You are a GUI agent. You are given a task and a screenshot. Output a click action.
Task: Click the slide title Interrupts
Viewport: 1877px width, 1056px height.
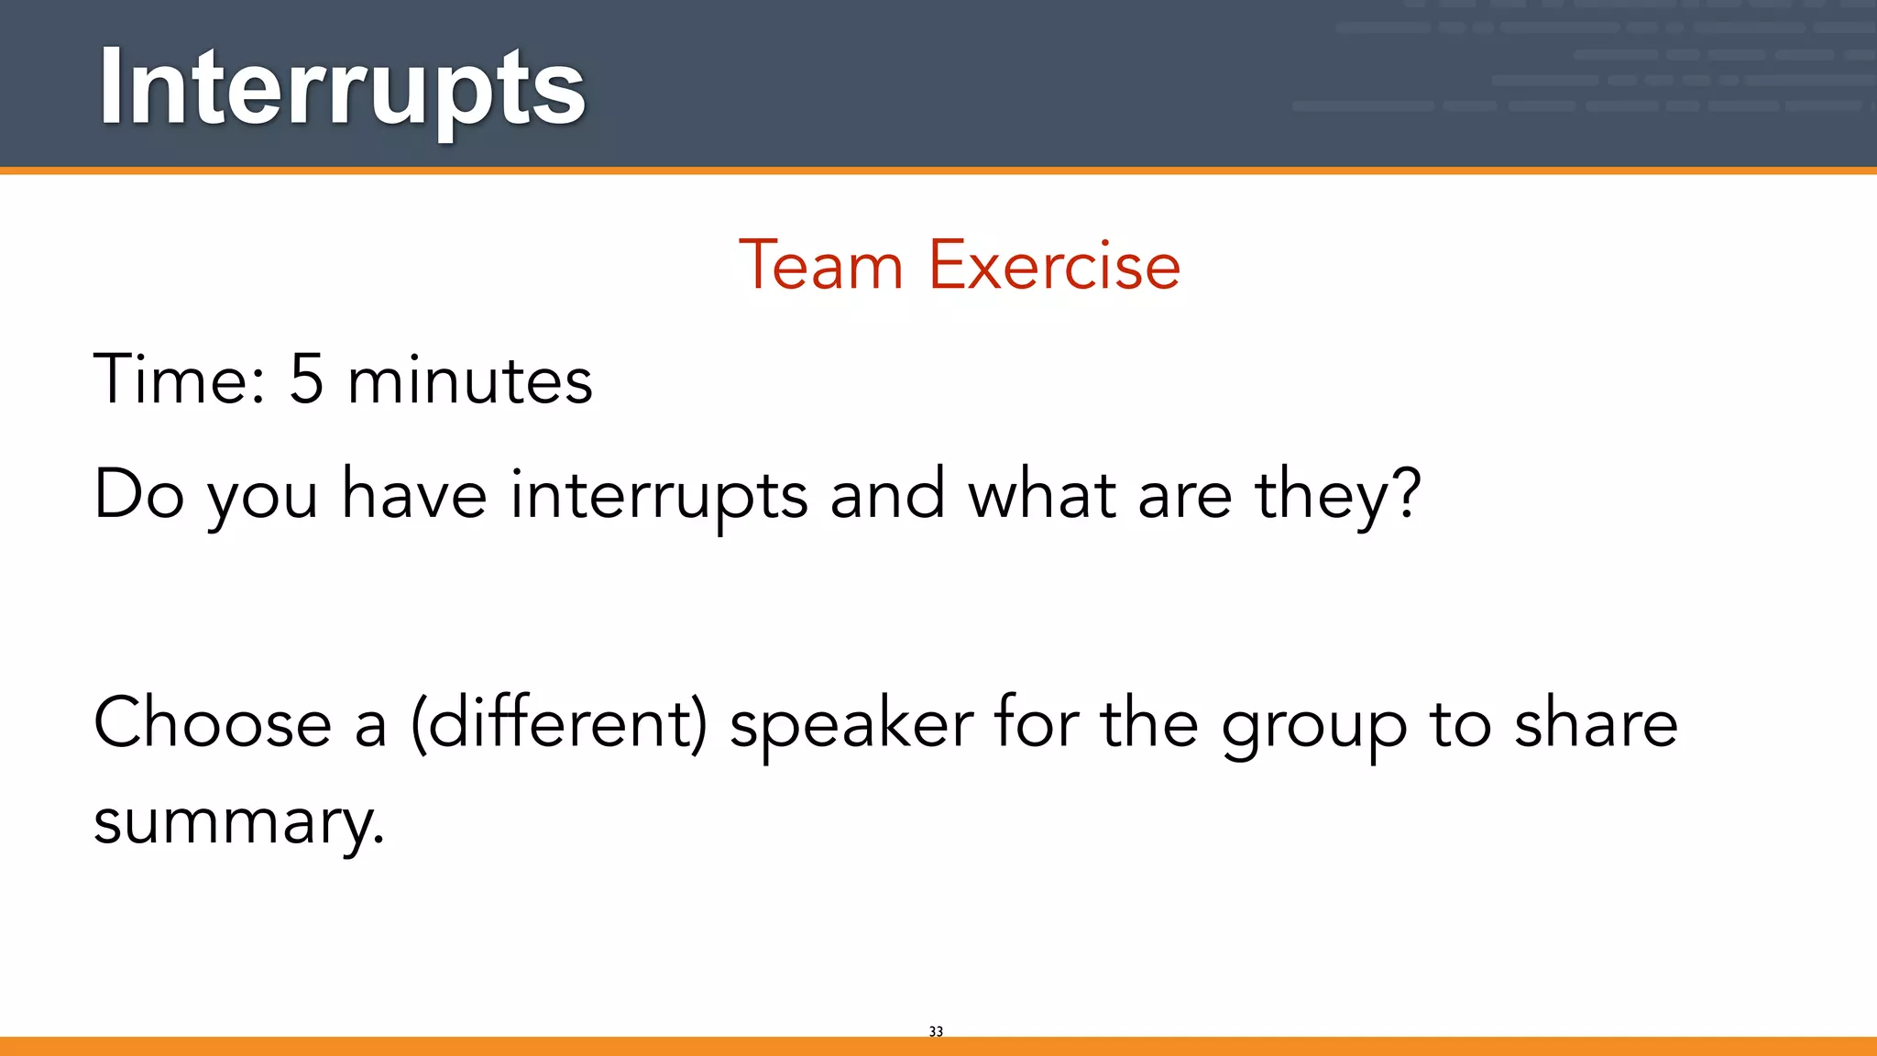tap(341, 88)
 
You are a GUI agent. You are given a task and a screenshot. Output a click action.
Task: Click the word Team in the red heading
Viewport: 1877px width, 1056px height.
tap(820, 266)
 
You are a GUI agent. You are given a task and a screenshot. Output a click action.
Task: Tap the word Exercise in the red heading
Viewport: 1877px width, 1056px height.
tap(1054, 266)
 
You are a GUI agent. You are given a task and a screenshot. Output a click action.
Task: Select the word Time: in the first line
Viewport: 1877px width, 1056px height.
tap(180, 379)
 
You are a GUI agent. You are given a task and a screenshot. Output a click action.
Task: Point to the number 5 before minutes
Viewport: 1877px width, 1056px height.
tap(307, 379)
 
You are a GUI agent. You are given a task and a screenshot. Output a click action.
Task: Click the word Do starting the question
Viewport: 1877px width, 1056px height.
tap(139, 495)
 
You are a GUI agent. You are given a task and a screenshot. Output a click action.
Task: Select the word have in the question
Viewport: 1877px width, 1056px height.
tap(414, 495)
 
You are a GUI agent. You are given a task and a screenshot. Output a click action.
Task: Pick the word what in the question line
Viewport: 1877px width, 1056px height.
tap(1042, 495)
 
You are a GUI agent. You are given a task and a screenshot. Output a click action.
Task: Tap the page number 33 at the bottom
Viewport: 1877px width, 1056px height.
tap(936, 1031)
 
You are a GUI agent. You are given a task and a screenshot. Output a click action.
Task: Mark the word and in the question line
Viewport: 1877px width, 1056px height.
tap(887, 495)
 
